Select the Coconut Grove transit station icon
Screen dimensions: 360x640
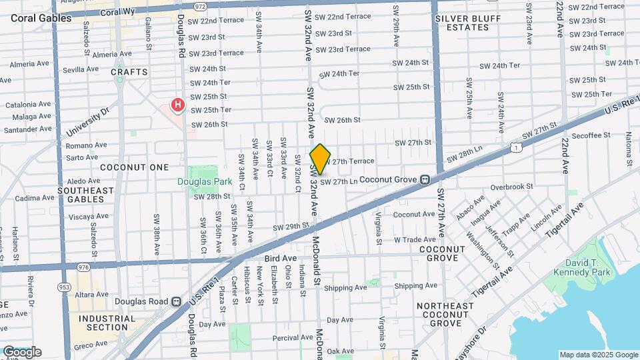tap(424, 179)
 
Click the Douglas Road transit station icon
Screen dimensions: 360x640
tap(176, 301)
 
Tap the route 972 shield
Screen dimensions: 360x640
tap(199, 5)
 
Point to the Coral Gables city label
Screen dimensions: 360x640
tap(41, 19)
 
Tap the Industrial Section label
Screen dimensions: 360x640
tap(103, 323)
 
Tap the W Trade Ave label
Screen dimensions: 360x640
tap(415, 239)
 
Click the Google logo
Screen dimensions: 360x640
tap(22, 352)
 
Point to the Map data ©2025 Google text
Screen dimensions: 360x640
tap(598, 355)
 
